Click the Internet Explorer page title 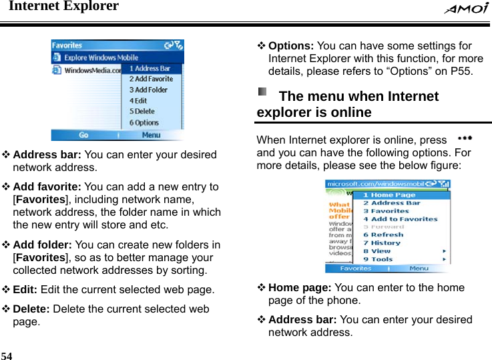pos(63,7)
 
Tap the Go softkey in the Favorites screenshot pos(83,135)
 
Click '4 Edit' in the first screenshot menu pos(138,101)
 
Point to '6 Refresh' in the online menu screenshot pos(384,235)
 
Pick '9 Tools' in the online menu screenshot pos(379,259)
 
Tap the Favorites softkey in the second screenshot pos(356,268)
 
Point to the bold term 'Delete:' pos(31,309)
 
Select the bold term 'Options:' pos(291,46)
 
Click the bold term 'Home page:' pos(300,288)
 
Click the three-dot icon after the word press pos(465,137)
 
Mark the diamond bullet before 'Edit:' pos(6,291)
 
